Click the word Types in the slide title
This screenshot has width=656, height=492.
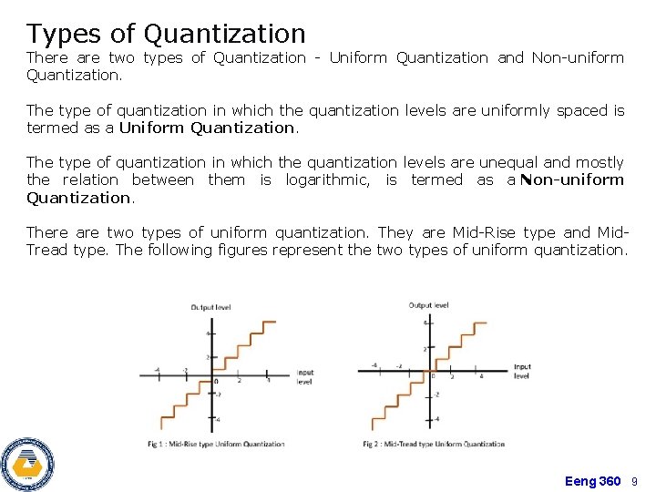coord(61,35)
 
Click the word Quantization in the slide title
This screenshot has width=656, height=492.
coord(224,35)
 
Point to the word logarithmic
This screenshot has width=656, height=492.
coord(327,179)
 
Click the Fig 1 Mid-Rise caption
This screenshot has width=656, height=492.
coord(216,445)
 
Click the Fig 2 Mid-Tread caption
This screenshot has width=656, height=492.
coord(433,445)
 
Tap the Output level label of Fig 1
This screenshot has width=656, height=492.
coord(211,308)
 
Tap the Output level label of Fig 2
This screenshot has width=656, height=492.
coord(428,305)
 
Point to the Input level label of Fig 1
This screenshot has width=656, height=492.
coord(304,377)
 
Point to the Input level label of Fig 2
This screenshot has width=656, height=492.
coord(522,372)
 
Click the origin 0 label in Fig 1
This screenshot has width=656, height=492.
coord(216,381)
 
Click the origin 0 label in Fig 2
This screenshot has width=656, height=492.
coord(434,376)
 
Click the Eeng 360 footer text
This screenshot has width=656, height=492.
coord(592,481)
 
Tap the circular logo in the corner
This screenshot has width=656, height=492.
coord(27,464)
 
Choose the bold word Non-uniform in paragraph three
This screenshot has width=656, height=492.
coord(573,179)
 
